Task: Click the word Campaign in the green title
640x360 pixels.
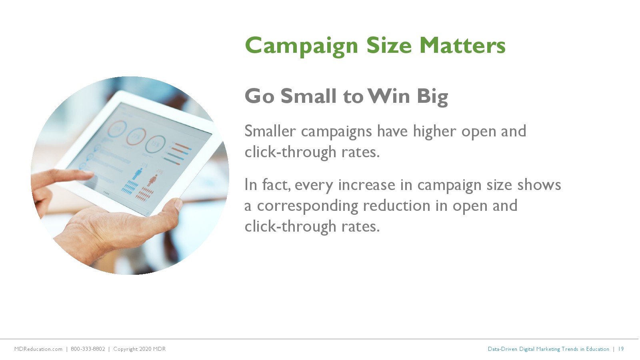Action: tap(302, 46)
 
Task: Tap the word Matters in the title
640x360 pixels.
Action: tap(462, 46)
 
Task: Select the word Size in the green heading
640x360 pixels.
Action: tap(389, 46)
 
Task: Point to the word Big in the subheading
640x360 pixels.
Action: tap(432, 98)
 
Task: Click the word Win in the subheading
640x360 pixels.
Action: tap(389, 96)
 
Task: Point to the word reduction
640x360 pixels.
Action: tap(396, 206)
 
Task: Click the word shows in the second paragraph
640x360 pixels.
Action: tap(539, 185)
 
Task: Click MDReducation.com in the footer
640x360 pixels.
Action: tap(38, 349)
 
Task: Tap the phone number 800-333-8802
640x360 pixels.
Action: tap(88, 349)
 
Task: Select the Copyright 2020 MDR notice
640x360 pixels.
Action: tap(140, 349)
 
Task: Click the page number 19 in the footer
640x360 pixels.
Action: tap(621, 349)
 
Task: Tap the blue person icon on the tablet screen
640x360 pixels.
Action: tap(138, 174)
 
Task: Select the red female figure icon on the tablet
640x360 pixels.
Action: tap(152, 180)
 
